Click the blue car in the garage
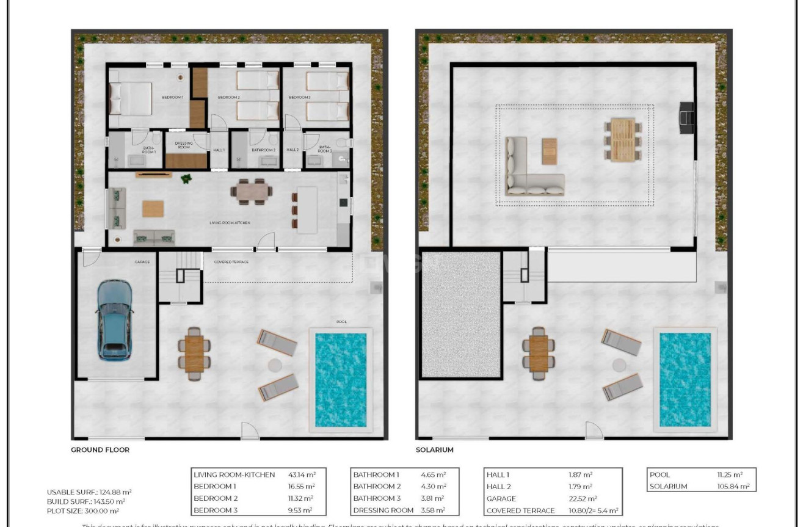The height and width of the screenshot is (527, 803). pyautogui.click(x=114, y=319)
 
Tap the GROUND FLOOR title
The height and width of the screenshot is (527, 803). pyautogui.click(x=100, y=449)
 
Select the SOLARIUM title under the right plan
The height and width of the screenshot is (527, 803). pyautogui.click(x=435, y=449)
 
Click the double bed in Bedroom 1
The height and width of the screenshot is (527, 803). pyautogui.click(x=130, y=98)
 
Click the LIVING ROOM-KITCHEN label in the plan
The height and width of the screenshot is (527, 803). pyautogui.click(x=230, y=223)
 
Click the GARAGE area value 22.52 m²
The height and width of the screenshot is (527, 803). pyautogui.click(x=581, y=498)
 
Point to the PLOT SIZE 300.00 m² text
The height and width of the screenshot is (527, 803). pyautogui.click(x=82, y=511)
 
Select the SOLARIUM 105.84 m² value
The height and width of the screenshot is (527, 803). pyautogui.click(x=730, y=486)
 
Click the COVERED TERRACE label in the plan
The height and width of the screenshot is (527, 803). pyautogui.click(x=231, y=262)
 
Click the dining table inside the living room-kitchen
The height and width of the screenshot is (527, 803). pyautogui.click(x=252, y=192)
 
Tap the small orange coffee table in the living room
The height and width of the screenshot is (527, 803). pyautogui.click(x=153, y=209)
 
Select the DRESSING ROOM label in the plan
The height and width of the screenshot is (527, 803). pyautogui.click(x=184, y=146)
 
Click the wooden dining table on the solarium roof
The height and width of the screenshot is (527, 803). pyautogui.click(x=622, y=139)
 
